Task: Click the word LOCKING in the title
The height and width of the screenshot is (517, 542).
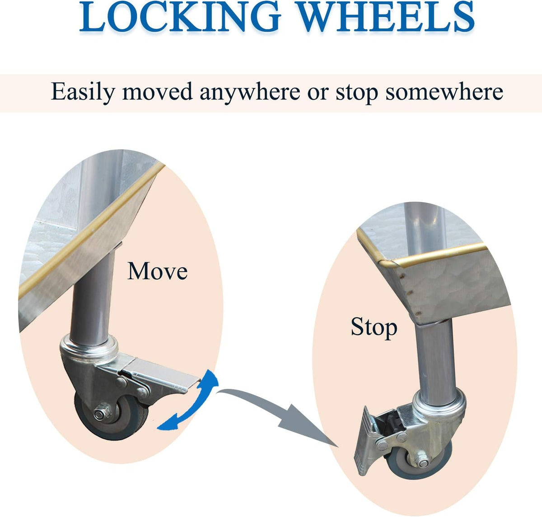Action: (179, 16)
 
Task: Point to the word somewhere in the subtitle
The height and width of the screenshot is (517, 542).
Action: (444, 92)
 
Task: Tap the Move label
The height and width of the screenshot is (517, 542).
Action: (157, 271)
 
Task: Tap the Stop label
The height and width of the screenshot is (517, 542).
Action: (374, 328)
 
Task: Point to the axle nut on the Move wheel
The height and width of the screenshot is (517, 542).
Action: (100, 414)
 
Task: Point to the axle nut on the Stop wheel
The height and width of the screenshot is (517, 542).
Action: (423, 462)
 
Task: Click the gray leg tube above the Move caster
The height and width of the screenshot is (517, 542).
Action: (92, 292)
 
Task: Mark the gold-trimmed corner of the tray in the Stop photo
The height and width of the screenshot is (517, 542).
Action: (387, 263)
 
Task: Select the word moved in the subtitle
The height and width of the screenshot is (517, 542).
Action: (157, 92)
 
